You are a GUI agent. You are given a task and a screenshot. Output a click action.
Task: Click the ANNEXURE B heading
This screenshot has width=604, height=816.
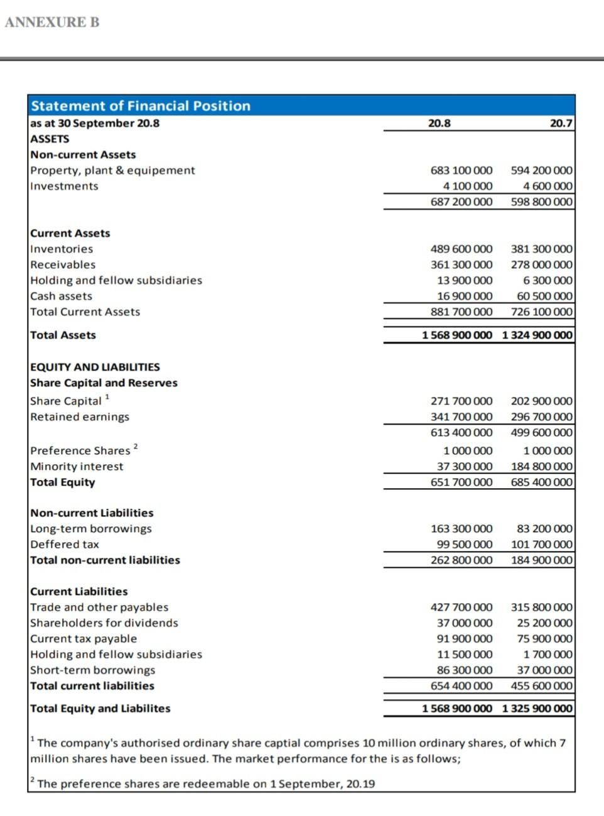tap(52, 23)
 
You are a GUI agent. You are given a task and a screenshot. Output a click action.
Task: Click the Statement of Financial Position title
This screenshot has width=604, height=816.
tap(141, 106)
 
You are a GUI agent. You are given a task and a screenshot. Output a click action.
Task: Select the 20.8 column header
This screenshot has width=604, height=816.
tap(439, 123)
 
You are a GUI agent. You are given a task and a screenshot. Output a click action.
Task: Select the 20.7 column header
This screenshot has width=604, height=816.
tap(561, 123)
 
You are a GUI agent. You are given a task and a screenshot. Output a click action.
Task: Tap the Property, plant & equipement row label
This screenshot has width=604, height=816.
tap(112, 170)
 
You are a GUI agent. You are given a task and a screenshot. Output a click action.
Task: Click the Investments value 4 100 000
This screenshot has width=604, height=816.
tap(467, 186)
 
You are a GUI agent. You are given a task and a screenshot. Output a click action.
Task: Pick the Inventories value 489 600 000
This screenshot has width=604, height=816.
tap(461, 249)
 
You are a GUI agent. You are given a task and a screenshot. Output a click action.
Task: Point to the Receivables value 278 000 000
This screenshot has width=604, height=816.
tap(541, 264)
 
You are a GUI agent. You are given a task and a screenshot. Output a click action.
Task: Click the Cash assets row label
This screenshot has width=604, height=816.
tap(61, 296)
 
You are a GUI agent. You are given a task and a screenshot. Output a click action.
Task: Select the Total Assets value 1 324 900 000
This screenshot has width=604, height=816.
tap(537, 335)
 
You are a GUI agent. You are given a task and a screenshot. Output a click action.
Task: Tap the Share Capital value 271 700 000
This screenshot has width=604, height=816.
tap(461, 401)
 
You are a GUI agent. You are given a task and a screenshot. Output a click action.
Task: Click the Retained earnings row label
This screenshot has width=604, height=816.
tap(80, 416)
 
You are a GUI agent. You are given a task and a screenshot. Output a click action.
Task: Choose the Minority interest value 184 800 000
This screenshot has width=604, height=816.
tap(541, 466)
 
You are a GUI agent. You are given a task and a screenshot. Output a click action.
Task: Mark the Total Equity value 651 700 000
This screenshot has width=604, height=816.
tap(461, 482)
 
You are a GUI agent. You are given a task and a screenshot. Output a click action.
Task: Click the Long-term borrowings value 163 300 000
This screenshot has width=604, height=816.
tap(461, 529)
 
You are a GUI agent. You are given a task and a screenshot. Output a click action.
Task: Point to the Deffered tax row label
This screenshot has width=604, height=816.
tap(65, 544)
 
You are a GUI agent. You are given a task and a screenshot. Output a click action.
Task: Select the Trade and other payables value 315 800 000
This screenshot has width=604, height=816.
tap(541, 607)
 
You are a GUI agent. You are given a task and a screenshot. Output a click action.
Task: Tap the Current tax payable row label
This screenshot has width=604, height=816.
tap(84, 638)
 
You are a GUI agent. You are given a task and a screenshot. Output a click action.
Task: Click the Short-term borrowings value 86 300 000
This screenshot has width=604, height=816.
tap(465, 670)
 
